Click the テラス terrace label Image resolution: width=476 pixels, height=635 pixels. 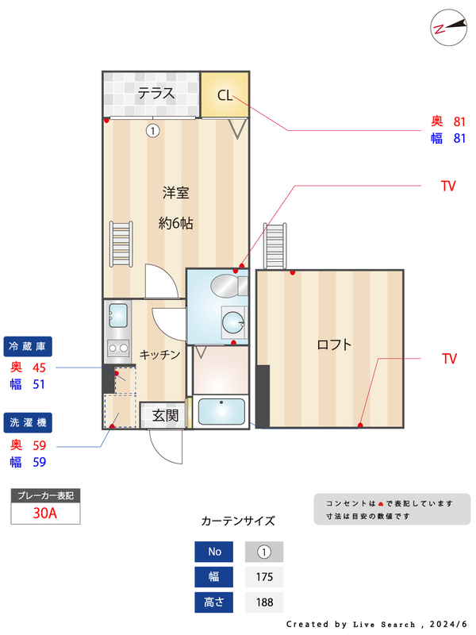pyautogui.click(x=155, y=94)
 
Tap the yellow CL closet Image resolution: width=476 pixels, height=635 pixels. pyautogui.click(x=225, y=95)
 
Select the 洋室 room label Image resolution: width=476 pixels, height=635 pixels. pyautogui.click(x=175, y=193)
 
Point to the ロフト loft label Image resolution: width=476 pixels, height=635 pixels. pyautogui.click(x=334, y=344)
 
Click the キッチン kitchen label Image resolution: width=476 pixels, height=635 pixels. pyautogui.click(x=160, y=355)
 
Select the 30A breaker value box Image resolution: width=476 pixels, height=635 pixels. pyautogui.click(x=45, y=513)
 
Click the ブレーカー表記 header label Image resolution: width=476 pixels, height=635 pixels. pyautogui.click(x=45, y=495)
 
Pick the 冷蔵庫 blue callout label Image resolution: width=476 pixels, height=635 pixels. pyautogui.click(x=29, y=346)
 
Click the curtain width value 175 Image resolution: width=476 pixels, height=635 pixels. pyautogui.click(x=264, y=577)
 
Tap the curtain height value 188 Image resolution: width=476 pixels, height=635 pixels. pyautogui.click(x=264, y=602)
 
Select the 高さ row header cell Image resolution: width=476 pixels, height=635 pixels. pyautogui.click(x=214, y=602)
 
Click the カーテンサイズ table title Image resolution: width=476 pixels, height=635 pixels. pyautogui.click(x=238, y=521)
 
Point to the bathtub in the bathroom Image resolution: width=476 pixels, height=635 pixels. pyautogui.click(x=221, y=412)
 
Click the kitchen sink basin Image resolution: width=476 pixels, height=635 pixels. pyautogui.click(x=118, y=315)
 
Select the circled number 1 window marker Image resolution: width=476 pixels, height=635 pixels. pyautogui.click(x=152, y=130)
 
